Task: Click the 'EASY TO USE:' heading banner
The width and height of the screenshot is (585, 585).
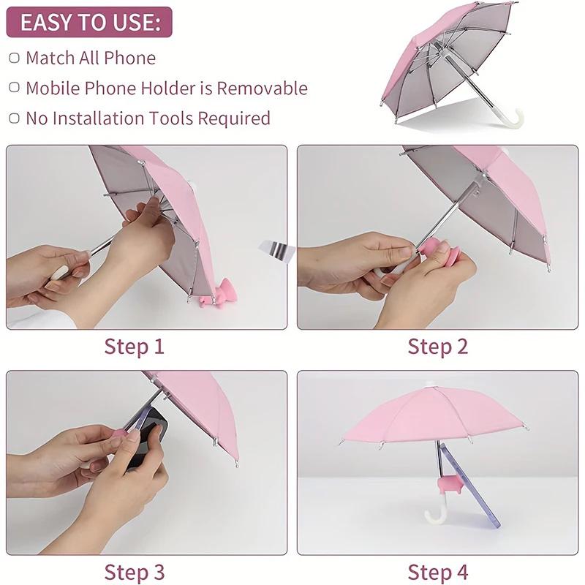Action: point(89,23)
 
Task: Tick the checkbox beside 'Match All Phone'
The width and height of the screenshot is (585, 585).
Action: point(15,58)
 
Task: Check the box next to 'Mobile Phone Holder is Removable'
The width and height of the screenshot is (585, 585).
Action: point(15,88)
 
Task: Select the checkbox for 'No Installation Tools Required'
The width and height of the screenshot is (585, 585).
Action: point(15,118)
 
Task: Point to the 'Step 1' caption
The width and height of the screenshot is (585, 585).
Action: point(135,346)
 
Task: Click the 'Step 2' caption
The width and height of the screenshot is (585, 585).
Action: point(437,346)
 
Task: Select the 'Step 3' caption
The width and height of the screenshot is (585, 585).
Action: point(135,571)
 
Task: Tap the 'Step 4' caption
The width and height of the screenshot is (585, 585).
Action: point(437,571)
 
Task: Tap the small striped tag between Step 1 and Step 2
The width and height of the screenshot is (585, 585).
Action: point(276,249)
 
